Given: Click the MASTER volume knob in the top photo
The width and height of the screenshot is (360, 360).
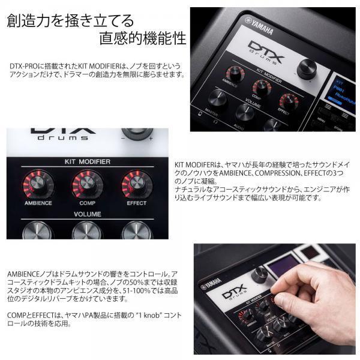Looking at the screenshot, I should [217, 98].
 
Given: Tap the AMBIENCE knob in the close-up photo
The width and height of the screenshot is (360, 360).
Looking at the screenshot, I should [37, 184].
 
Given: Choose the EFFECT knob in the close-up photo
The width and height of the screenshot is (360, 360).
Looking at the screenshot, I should [136, 184].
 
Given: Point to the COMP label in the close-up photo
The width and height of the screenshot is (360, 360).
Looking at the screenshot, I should [87, 203].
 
